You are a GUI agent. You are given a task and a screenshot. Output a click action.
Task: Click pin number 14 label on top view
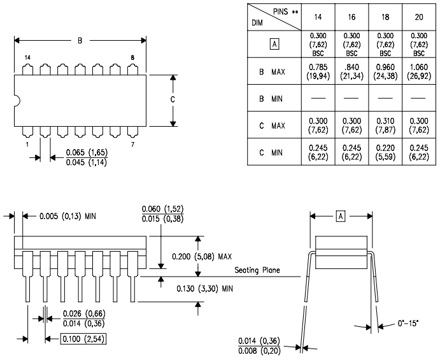click(x=27, y=57)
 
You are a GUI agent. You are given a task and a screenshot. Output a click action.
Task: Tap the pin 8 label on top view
click(x=132, y=57)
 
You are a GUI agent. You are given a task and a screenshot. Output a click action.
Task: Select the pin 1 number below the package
click(x=28, y=145)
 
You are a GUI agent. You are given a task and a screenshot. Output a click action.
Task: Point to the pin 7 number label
click(x=132, y=145)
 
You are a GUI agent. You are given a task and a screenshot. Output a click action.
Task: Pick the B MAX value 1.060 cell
click(x=418, y=72)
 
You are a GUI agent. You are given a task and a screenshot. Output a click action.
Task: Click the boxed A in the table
click(x=274, y=45)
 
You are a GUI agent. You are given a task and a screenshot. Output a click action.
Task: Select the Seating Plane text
click(x=258, y=270)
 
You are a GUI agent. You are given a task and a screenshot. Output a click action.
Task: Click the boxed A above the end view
click(x=341, y=217)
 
